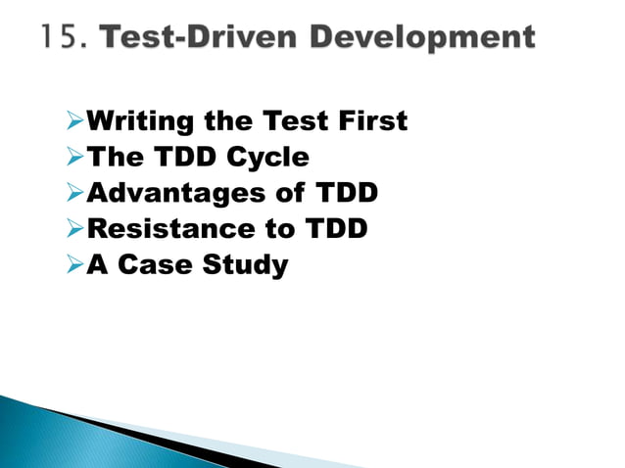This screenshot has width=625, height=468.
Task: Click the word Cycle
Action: point(267,159)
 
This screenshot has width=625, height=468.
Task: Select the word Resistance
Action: point(166,229)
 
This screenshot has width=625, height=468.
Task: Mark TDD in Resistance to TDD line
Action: point(331,229)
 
